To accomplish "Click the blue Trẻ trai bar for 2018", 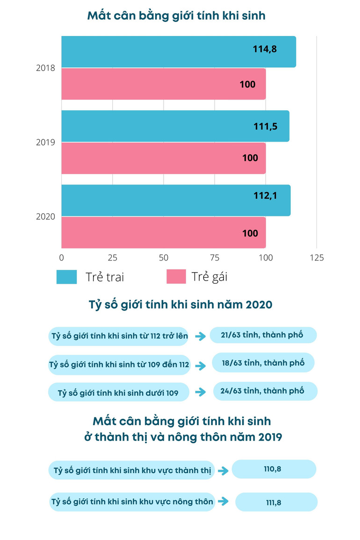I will click(178, 52).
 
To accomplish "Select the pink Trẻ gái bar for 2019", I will click(163, 158).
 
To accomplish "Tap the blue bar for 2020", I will click(176, 201).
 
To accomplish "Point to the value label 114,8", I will click(265, 48).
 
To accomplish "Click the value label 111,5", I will click(266, 125).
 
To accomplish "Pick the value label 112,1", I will click(265, 196).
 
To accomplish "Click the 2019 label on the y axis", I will click(46, 142).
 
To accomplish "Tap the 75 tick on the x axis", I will click(215, 258).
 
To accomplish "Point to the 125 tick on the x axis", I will click(317, 258).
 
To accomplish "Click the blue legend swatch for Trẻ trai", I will click(66, 277).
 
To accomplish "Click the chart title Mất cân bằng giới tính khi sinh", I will click(176, 16).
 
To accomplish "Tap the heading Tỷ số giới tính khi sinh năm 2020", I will click(180, 305).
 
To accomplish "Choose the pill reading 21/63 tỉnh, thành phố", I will click(263, 335).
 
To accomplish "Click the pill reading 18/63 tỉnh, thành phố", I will click(263, 362).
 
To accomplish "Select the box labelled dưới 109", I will click(118, 393).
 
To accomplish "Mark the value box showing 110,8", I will click(274, 469).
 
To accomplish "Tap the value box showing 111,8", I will click(276, 502).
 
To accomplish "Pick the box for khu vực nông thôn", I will click(132, 502).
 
